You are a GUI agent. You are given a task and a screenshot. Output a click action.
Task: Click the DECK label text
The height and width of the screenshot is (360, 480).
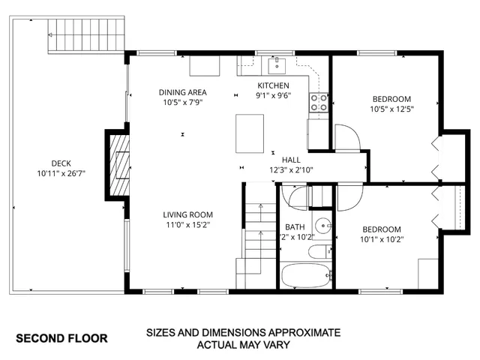[61, 163]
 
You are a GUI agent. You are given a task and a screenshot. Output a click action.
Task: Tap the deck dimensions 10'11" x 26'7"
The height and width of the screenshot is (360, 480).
[61, 174]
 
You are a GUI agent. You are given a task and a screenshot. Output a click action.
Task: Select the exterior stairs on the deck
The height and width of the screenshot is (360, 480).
[84, 34]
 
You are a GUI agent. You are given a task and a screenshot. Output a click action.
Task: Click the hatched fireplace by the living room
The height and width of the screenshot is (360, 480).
[118, 164]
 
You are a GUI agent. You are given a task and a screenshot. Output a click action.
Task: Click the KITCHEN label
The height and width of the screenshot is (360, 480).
[273, 85]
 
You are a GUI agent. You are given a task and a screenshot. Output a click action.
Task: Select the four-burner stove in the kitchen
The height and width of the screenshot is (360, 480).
[319, 103]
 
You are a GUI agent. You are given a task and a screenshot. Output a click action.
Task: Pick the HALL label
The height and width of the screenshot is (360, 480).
[291, 160]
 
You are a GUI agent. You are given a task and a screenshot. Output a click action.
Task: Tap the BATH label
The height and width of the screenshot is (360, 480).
[295, 227]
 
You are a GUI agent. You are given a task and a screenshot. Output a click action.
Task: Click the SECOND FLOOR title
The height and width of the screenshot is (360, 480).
[61, 338]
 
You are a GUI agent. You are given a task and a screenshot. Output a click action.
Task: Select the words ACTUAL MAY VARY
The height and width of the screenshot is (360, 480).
[243, 346]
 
